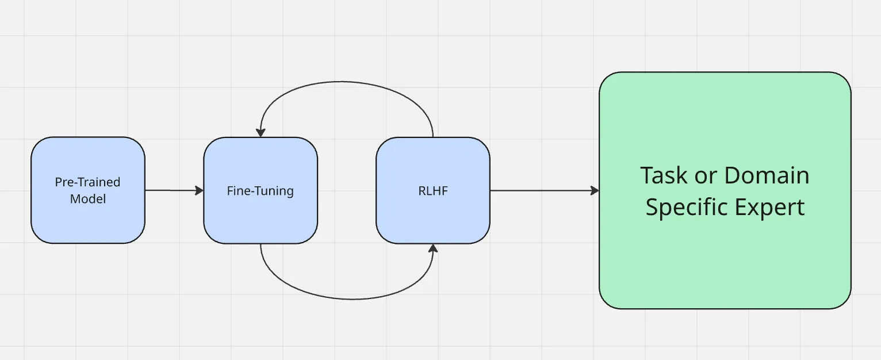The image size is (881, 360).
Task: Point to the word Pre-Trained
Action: [x=87, y=182]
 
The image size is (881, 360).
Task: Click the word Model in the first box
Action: [x=87, y=199]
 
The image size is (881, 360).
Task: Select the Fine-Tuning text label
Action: [x=260, y=191]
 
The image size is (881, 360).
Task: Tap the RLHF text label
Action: [x=432, y=191]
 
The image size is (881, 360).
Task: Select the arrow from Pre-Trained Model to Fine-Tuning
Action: [x=173, y=190]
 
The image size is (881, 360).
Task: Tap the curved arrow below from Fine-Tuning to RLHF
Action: [x=345, y=298]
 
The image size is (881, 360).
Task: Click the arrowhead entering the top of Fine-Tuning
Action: [x=261, y=132]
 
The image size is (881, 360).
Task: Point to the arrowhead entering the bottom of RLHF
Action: [x=433, y=248]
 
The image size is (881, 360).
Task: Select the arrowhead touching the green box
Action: [x=595, y=190]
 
